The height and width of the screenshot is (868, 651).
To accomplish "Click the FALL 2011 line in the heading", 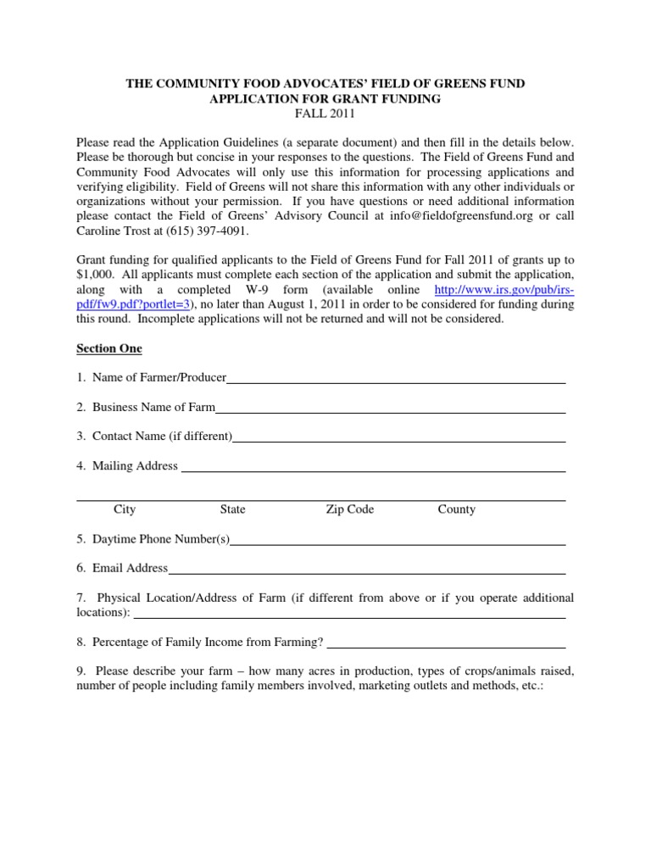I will (x=325, y=114).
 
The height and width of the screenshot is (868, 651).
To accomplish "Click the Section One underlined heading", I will (x=109, y=348).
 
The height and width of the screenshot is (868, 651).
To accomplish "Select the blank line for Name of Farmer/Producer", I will (x=396, y=380).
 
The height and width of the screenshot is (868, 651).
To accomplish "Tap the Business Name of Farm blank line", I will (x=391, y=409).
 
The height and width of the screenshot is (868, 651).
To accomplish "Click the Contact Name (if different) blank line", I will (x=399, y=438).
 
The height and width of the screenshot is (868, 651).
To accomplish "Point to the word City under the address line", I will (x=125, y=509).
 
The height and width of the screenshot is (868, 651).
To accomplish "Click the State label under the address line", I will (x=232, y=509).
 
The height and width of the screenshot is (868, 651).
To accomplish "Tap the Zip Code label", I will (x=349, y=509).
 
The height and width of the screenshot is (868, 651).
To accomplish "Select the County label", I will (x=456, y=509).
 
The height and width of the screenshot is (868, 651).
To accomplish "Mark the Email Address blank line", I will (x=367, y=570).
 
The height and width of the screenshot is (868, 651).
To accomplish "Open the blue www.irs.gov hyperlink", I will (x=504, y=289).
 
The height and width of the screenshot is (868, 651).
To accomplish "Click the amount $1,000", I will (x=96, y=275).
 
